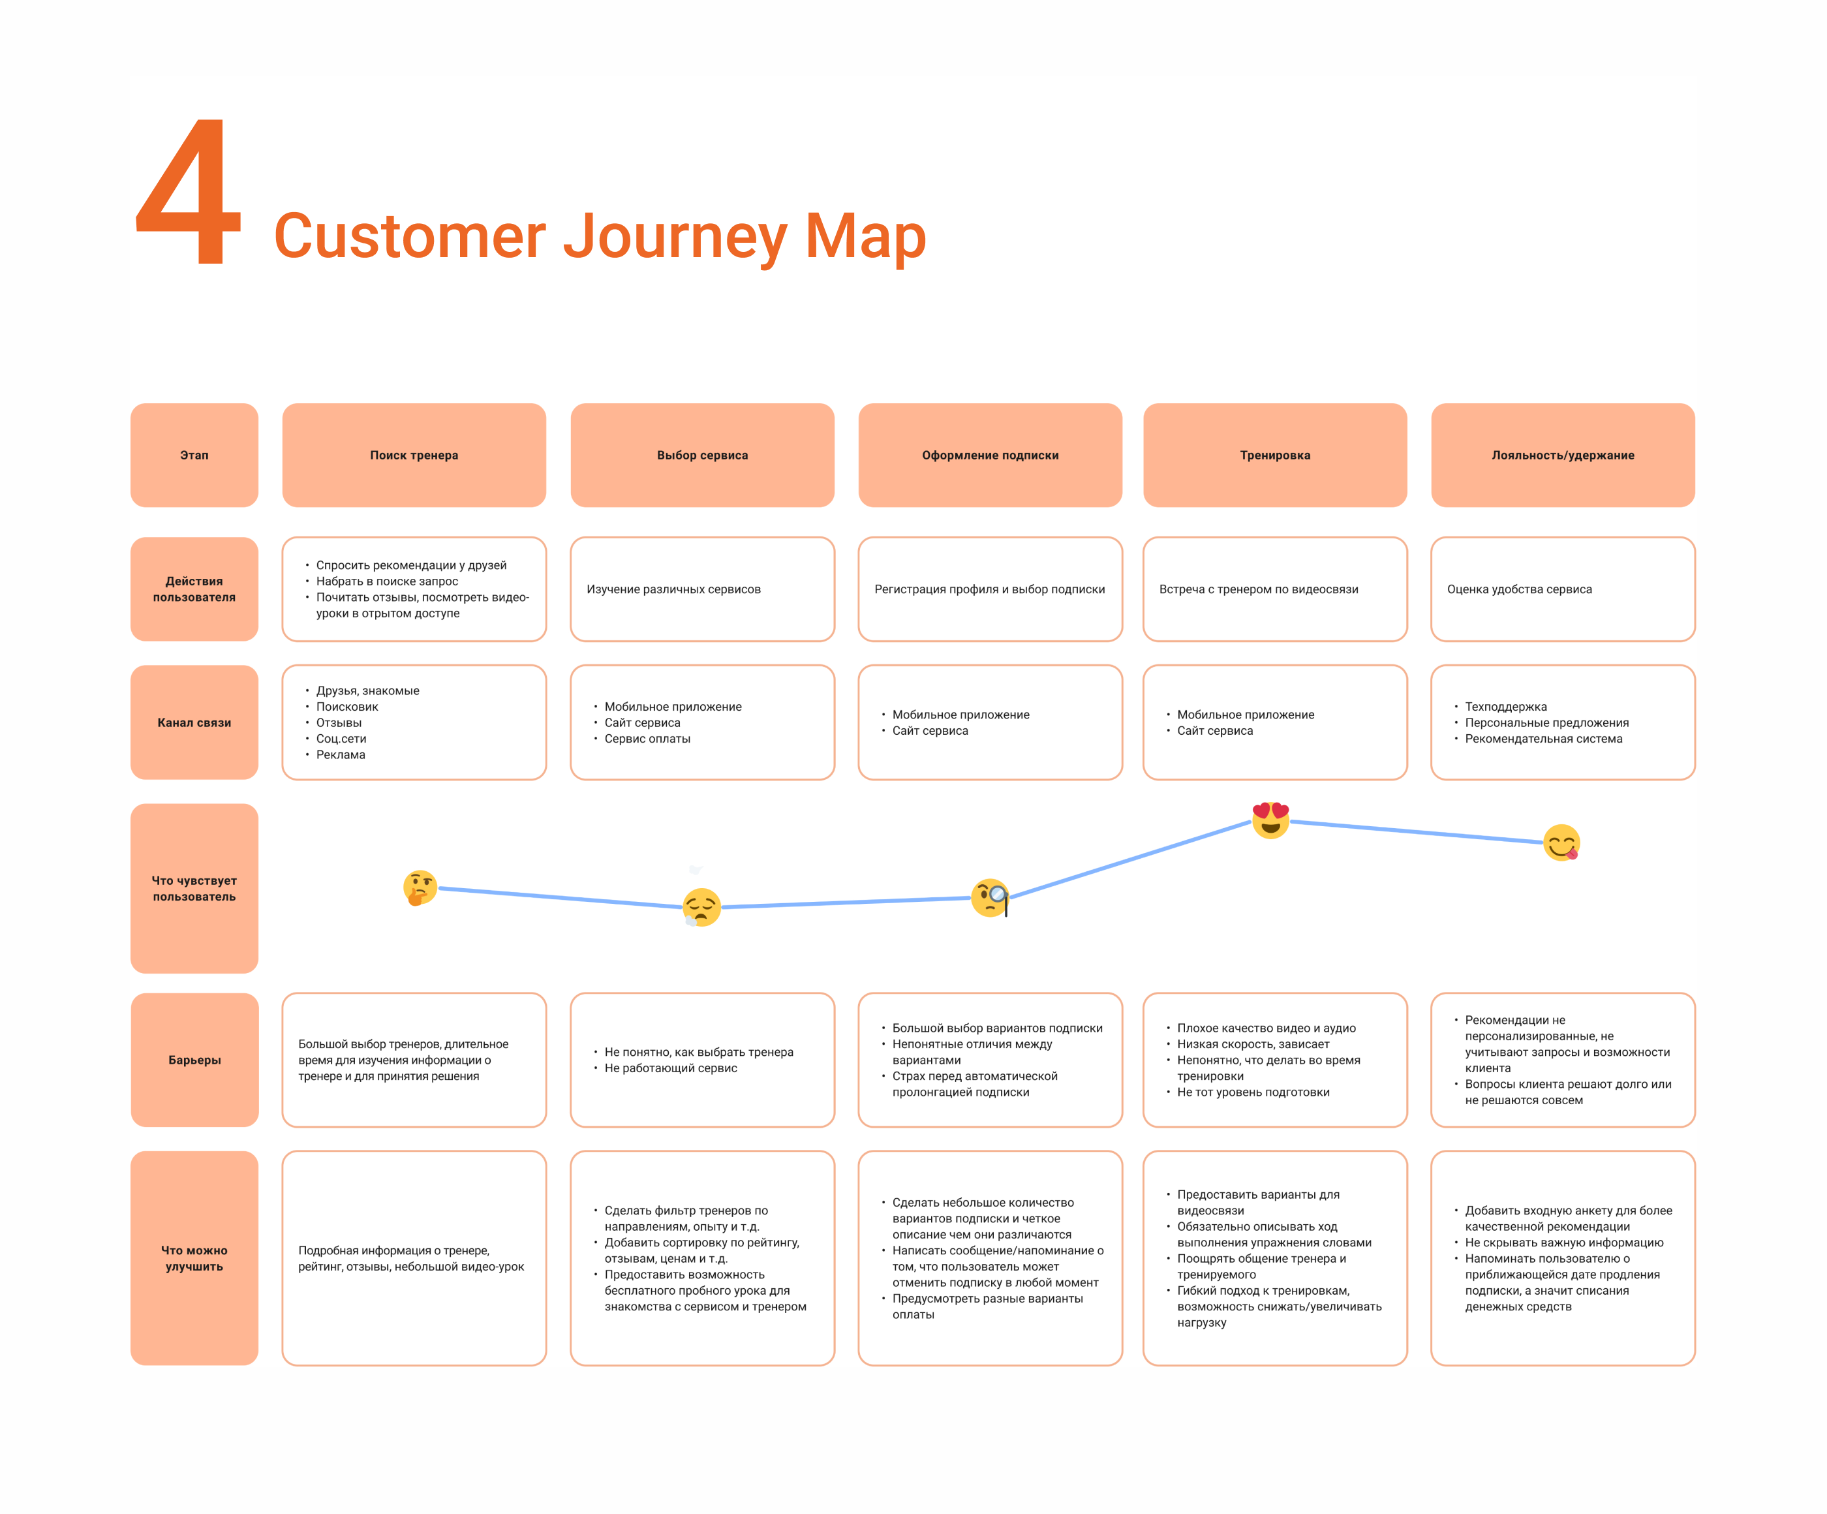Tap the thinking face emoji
point(420,888)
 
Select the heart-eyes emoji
point(1270,820)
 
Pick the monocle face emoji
point(990,898)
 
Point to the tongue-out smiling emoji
point(1561,842)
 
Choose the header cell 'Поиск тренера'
point(414,455)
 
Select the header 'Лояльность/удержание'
point(1563,455)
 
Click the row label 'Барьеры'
point(195,1060)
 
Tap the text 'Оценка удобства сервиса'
point(1519,589)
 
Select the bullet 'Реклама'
point(340,754)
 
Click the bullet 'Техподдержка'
point(1505,707)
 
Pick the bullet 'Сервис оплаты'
point(647,739)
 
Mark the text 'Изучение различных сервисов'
point(673,589)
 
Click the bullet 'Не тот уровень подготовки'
point(1253,1092)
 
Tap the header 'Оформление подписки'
point(990,455)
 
